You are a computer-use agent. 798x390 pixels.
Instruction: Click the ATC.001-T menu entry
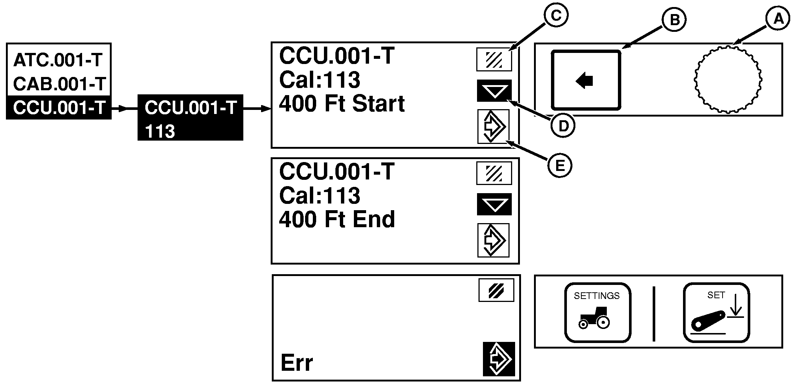[58, 60]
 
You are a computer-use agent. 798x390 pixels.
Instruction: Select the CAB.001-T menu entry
[60, 84]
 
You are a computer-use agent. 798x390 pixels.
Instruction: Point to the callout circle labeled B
[674, 20]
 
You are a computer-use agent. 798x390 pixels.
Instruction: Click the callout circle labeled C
[556, 15]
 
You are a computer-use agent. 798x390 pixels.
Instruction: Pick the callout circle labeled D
[563, 126]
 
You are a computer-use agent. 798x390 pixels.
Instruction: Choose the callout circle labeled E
[560, 165]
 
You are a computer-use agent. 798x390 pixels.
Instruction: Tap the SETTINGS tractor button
[597, 312]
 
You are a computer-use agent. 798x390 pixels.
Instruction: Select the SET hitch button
[716, 312]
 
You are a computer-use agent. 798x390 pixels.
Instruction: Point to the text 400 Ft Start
[342, 104]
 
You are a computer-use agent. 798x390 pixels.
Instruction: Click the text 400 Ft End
[337, 219]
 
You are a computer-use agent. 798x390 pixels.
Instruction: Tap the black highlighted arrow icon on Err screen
[499, 359]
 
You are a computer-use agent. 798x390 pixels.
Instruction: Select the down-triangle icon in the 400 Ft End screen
[494, 204]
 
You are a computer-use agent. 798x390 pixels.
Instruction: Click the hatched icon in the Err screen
[496, 290]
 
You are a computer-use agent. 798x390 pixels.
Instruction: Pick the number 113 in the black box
[160, 131]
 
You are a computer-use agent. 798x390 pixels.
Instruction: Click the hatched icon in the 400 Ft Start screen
[494, 59]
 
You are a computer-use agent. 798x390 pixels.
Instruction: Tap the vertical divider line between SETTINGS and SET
[654, 313]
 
